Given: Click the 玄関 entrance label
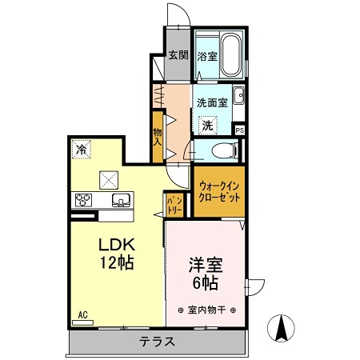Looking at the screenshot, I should [178, 55].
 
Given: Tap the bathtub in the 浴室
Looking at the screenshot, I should [231, 54].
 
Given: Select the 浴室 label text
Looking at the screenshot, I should [206, 56].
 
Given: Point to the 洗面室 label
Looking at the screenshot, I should [213, 102].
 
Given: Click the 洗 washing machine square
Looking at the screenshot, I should [207, 124].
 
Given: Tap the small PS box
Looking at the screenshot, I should [240, 130].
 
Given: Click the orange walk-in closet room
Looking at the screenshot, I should [218, 191].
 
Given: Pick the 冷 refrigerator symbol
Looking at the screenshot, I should [80, 149].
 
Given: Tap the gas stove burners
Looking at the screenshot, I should [83, 200].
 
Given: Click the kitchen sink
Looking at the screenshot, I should [121, 200].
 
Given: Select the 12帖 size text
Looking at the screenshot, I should [116, 262].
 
